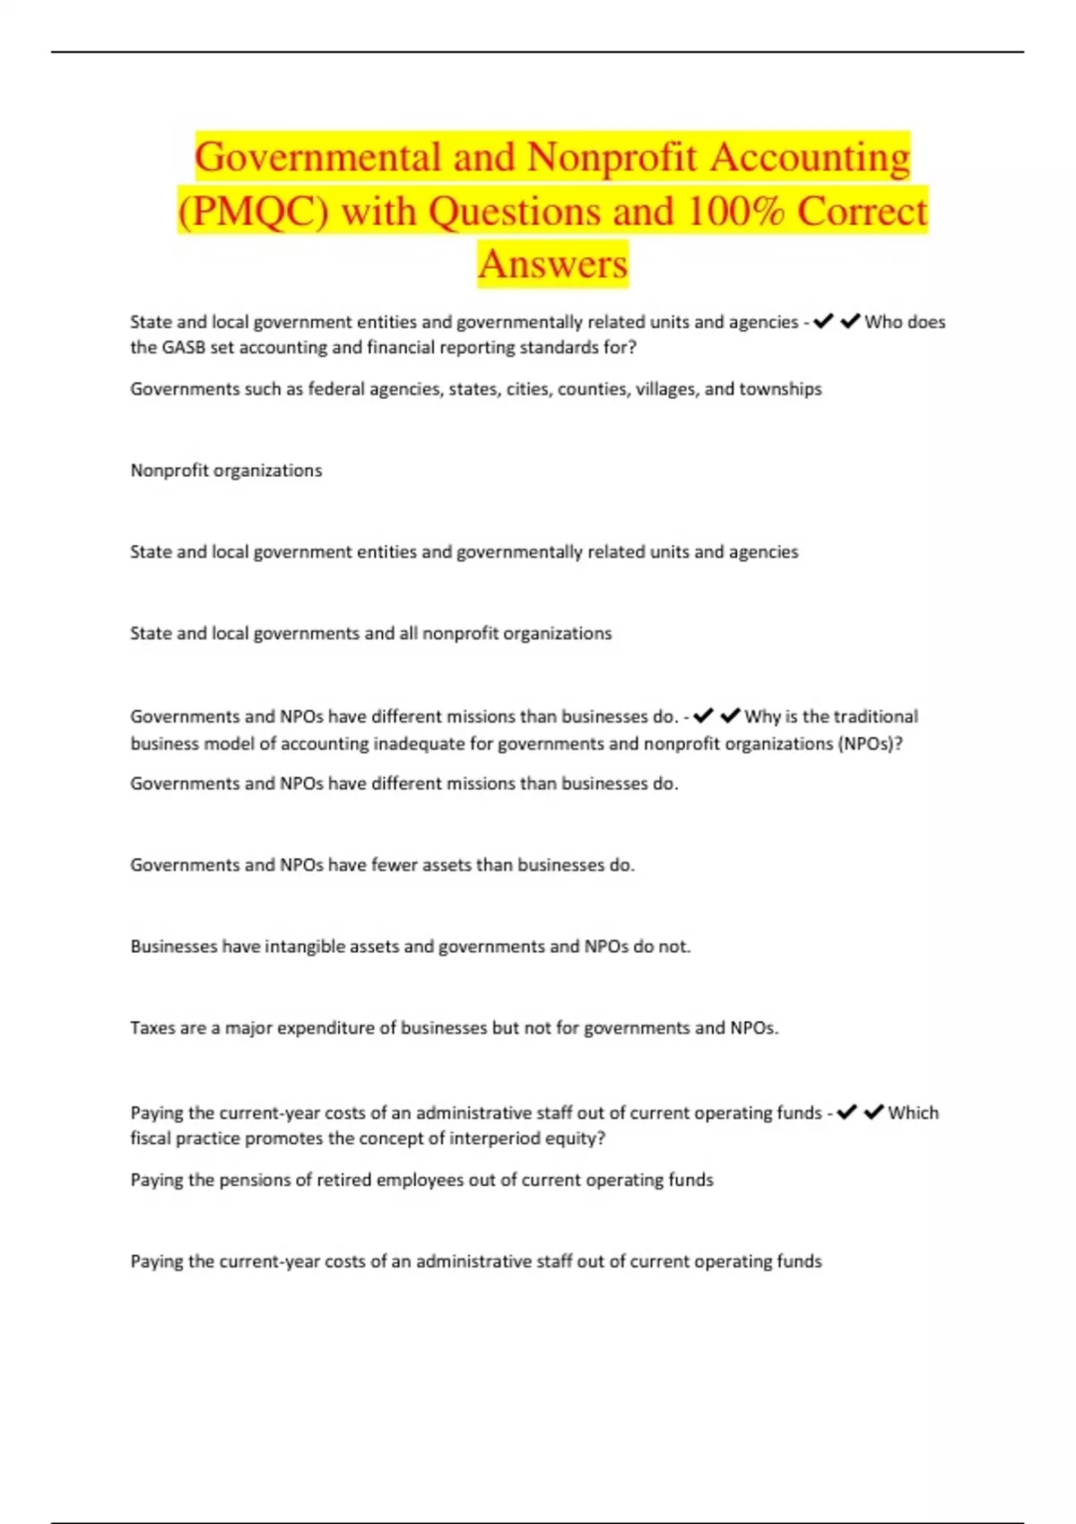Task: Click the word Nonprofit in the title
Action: [x=612, y=158]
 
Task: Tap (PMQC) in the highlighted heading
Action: [x=253, y=212]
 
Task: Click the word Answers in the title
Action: [x=552, y=264]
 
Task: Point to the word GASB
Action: [x=183, y=348]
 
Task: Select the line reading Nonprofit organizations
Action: [x=226, y=471]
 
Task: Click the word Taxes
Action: [x=154, y=1028]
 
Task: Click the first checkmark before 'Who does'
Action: [x=822, y=321]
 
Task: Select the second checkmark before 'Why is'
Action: [x=730, y=715]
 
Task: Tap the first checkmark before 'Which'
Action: [x=846, y=1113]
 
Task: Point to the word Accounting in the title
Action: [x=811, y=158]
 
